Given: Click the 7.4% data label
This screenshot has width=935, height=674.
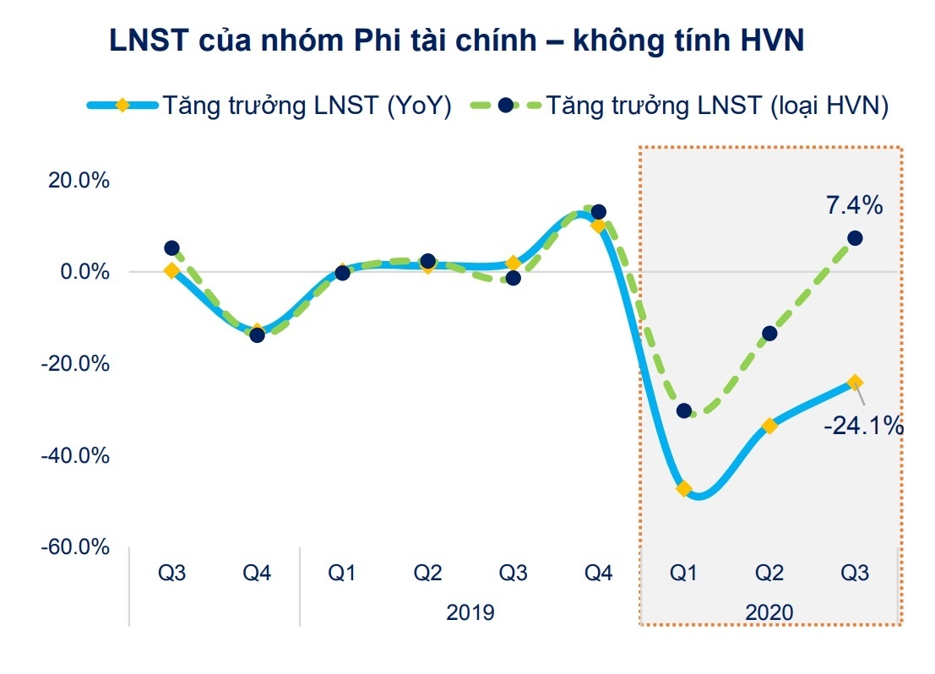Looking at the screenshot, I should click(x=854, y=205).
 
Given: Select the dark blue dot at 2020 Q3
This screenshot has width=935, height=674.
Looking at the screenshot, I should click(x=855, y=238).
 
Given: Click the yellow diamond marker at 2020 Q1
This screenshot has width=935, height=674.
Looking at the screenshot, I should click(x=684, y=489).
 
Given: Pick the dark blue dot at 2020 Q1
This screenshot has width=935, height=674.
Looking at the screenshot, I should click(x=684, y=411).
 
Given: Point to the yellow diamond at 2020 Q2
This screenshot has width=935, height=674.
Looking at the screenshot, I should click(x=769, y=426).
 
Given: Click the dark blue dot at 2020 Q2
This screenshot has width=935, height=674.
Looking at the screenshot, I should click(x=769, y=334).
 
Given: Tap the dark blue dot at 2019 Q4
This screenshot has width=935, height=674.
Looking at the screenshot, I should click(x=599, y=212).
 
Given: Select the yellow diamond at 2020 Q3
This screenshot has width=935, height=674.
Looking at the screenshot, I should click(x=855, y=383).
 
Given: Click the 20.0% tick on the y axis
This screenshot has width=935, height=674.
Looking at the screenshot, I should click(x=79, y=181).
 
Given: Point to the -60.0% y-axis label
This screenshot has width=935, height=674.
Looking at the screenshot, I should click(x=77, y=547).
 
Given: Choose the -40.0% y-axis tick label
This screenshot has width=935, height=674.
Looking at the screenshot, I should click(x=77, y=456).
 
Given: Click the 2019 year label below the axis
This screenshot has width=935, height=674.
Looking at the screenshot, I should click(x=470, y=611).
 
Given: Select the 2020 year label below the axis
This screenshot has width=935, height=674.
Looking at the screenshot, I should click(x=769, y=611).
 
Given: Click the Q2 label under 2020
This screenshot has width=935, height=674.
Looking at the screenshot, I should click(x=769, y=573).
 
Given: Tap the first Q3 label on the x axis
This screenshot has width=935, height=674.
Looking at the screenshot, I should click(x=172, y=573).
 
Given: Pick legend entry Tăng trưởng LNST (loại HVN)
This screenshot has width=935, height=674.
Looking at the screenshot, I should click(x=717, y=106).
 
